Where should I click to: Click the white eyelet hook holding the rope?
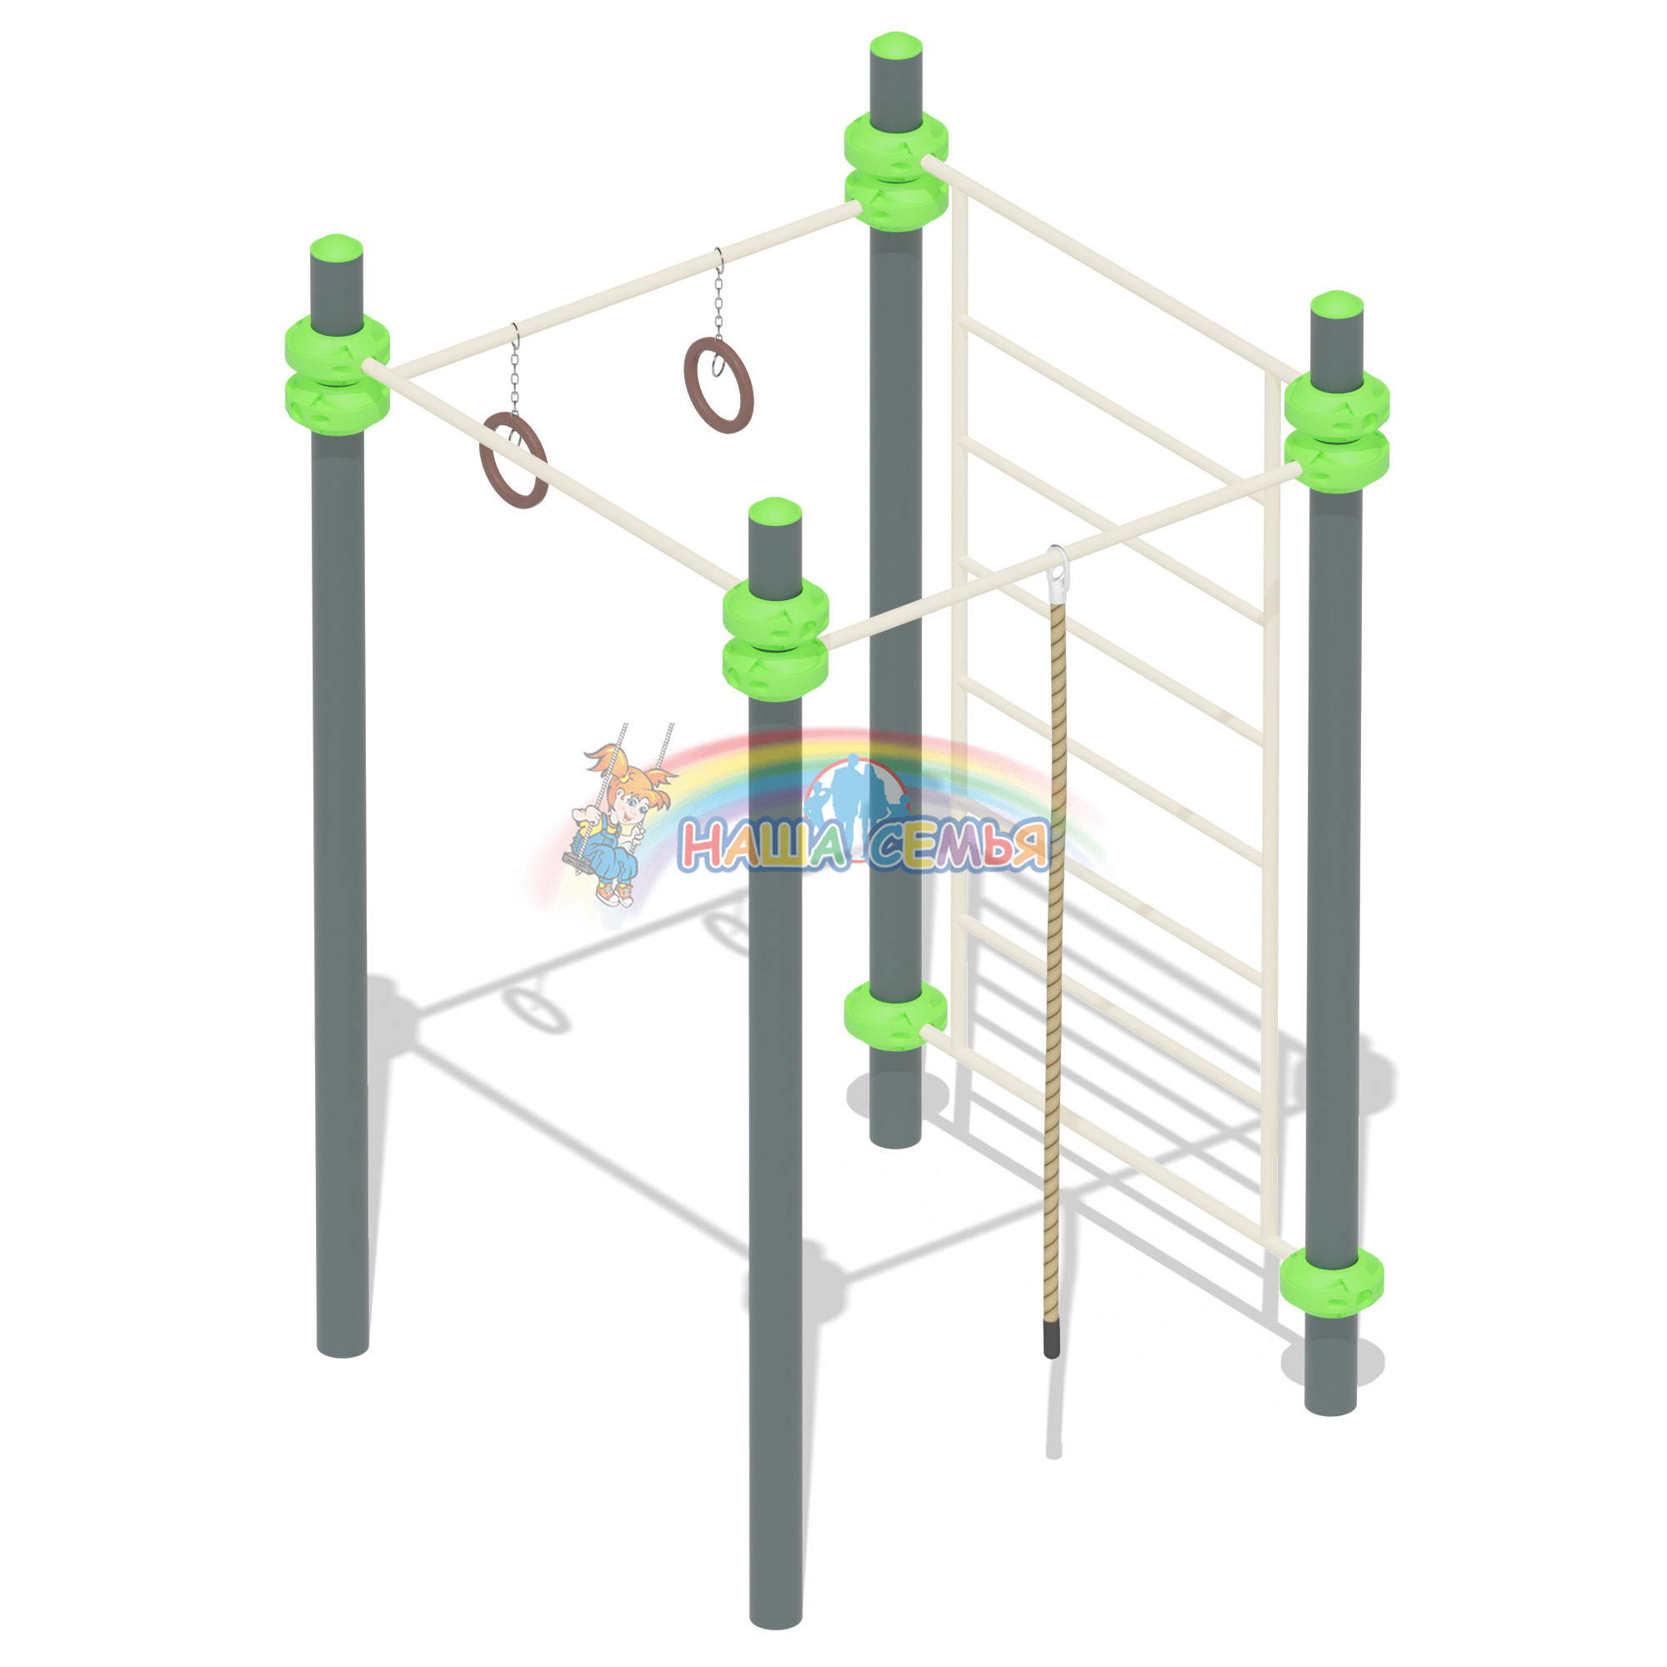coord(1056,564)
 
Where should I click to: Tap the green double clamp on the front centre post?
coord(776,639)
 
